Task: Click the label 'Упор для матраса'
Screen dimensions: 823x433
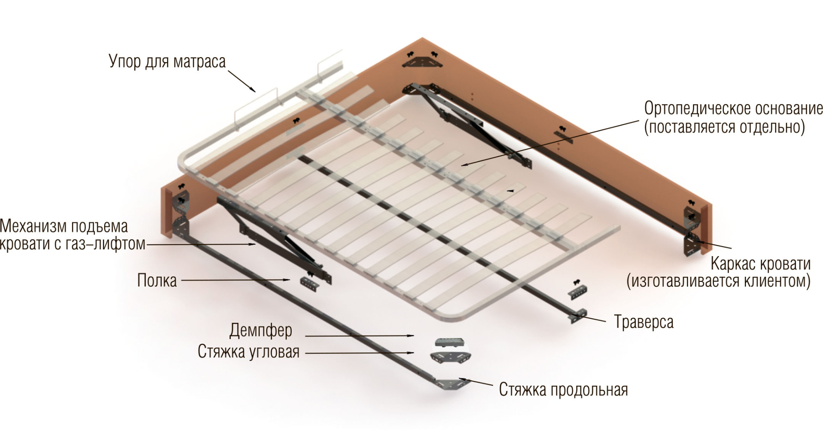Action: pos(167,62)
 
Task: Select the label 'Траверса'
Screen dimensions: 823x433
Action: pos(644,322)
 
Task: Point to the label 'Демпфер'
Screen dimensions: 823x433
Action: pos(261,330)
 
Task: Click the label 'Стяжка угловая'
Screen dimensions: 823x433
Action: pos(249,352)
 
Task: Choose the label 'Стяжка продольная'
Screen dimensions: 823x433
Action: pos(563,389)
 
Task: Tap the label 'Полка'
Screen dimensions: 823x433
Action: pos(157,280)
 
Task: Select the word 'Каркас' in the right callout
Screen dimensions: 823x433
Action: pos(733,264)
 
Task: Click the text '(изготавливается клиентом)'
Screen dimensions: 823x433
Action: pos(718,281)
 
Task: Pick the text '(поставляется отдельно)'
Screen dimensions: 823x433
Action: pos(724,127)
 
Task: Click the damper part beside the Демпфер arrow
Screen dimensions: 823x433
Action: pos(450,343)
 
